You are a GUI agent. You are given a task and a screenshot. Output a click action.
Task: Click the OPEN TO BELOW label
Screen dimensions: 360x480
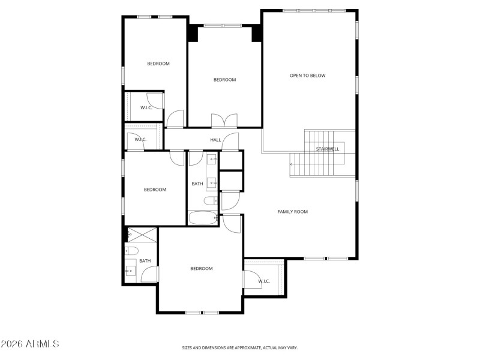click(307, 76)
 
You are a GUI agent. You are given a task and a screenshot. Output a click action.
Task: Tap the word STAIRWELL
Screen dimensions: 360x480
click(328, 149)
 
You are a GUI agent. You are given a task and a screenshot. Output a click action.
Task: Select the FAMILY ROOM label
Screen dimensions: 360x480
click(292, 212)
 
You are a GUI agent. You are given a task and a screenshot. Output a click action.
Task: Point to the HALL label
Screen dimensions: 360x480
click(215, 140)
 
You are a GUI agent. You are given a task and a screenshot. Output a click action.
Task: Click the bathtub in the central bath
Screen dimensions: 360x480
click(204, 218)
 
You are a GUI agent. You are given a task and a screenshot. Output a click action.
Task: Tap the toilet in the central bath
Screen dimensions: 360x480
click(210, 201)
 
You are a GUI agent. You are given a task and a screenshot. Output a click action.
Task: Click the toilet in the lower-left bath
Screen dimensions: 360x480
click(132, 251)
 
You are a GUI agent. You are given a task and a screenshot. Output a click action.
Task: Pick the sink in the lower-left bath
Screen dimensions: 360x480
click(130, 271)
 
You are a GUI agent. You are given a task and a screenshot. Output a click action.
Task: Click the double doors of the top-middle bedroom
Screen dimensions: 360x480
click(224, 120)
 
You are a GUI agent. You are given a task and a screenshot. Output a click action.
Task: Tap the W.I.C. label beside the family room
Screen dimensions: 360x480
click(264, 281)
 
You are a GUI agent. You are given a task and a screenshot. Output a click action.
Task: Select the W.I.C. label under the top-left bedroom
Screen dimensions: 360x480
click(146, 108)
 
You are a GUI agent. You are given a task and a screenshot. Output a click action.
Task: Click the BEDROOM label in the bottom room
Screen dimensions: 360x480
click(202, 269)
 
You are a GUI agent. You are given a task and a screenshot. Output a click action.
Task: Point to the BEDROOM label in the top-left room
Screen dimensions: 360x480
click(158, 64)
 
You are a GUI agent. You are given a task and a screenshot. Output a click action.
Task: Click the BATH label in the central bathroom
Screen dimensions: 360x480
click(197, 184)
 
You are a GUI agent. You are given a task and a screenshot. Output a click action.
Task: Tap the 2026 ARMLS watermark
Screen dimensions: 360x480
click(30, 344)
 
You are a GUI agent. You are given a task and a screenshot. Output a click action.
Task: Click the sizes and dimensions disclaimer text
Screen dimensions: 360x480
click(240, 347)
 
